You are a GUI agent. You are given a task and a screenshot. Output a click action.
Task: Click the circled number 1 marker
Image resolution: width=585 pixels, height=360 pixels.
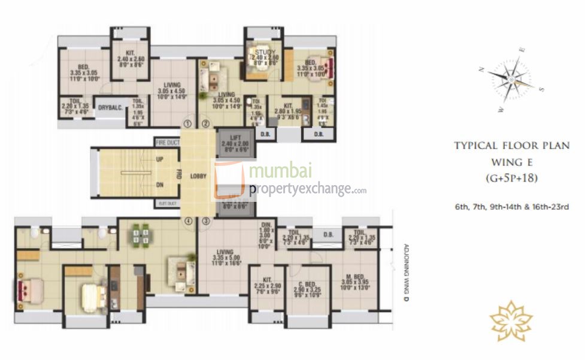tap(187, 124)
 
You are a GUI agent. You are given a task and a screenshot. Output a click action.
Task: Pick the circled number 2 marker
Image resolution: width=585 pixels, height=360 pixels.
tap(205, 124)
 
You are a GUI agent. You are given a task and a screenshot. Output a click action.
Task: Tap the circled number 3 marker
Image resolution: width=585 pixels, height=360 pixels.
tap(205, 221)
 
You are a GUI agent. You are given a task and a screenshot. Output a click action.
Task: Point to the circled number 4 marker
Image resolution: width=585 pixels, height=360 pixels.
tap(188, 221)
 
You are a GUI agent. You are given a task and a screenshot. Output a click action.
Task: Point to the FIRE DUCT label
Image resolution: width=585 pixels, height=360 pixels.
tap(166, 143)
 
